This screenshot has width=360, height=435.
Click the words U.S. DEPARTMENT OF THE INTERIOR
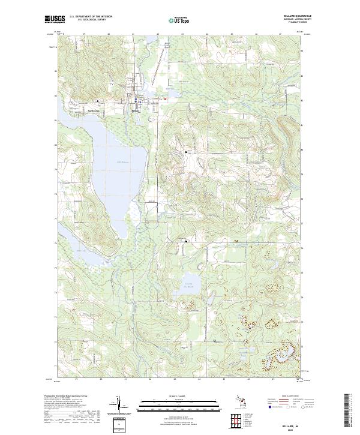tap(91, 16)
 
